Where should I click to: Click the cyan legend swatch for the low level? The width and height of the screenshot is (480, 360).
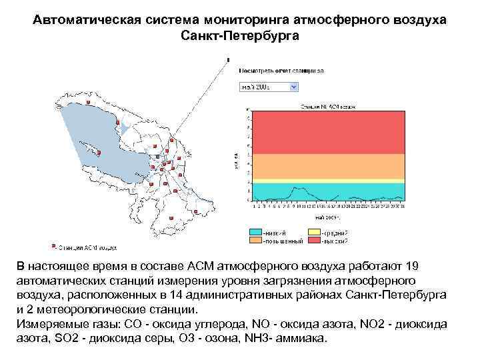(x=255, y=233)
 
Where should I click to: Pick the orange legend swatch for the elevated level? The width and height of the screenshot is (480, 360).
(x=255, y=240)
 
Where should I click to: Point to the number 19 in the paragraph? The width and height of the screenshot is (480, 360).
(x=412, y=266)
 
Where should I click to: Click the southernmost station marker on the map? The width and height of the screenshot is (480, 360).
(x=172, y=217)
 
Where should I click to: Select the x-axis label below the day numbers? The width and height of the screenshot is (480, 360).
(x=326, y=217)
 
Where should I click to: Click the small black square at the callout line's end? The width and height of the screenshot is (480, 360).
(x=229, y=59)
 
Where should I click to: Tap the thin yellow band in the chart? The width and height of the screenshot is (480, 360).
(x=326, y=180)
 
